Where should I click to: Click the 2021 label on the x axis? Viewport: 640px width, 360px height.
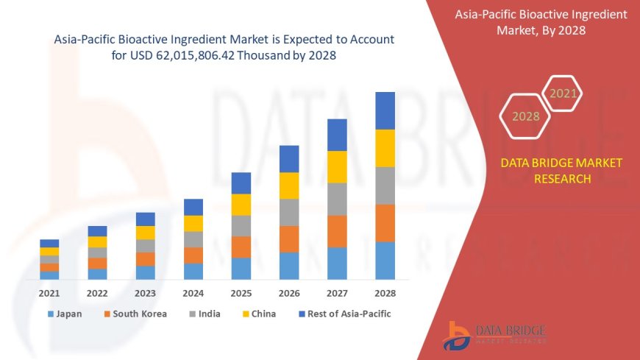(49, 293)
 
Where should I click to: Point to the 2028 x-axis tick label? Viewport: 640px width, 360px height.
(385, 293)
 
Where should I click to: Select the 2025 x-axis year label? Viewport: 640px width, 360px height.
(241, 293)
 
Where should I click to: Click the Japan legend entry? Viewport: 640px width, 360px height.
(64, 314)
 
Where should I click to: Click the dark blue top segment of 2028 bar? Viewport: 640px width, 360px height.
(385, 110)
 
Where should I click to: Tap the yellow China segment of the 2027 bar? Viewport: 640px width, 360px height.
(337, 166)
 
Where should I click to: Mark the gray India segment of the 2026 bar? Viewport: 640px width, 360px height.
(289, 212)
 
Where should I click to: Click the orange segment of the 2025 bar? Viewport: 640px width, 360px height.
(241, 247)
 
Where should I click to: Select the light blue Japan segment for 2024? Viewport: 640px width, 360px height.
(193, 271)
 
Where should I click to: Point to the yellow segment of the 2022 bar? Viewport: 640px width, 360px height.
(97, 241)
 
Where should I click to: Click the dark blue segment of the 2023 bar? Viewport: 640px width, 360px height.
(146, 219)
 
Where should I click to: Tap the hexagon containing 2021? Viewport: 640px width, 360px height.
(563, 93)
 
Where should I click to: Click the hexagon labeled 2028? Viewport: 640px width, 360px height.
(525, 116)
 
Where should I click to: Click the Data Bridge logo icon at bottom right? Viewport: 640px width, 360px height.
(458, 336)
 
